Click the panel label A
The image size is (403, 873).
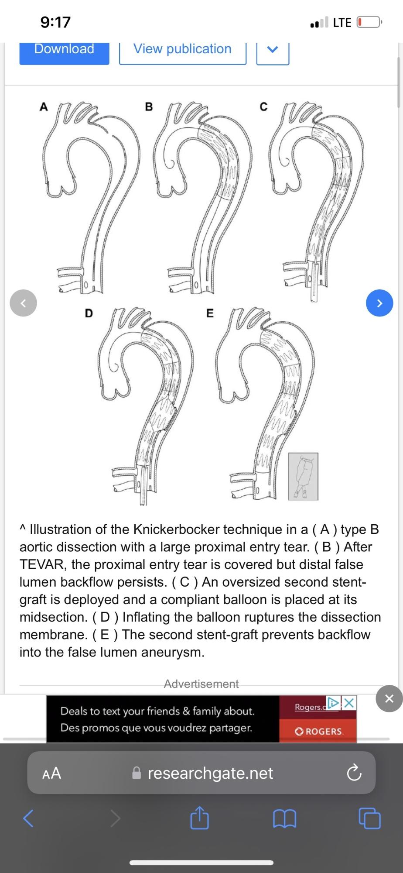click(44, 107)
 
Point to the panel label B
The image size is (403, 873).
click(149, 107)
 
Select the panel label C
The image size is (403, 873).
click(263, 107)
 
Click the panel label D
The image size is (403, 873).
click(89, 313)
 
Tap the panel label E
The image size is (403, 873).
click(210, 313)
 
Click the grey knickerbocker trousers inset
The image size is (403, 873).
click(303, 476)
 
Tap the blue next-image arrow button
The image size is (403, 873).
click(379, 303)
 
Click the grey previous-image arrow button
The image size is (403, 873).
click(24, 303)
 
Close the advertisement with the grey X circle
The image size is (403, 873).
click(389, 698)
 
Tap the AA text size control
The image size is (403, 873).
click(51, 773)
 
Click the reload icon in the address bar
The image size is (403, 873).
click(354, 773)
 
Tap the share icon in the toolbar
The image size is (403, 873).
click(199, 818)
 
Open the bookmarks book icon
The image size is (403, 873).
click(284, 818)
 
